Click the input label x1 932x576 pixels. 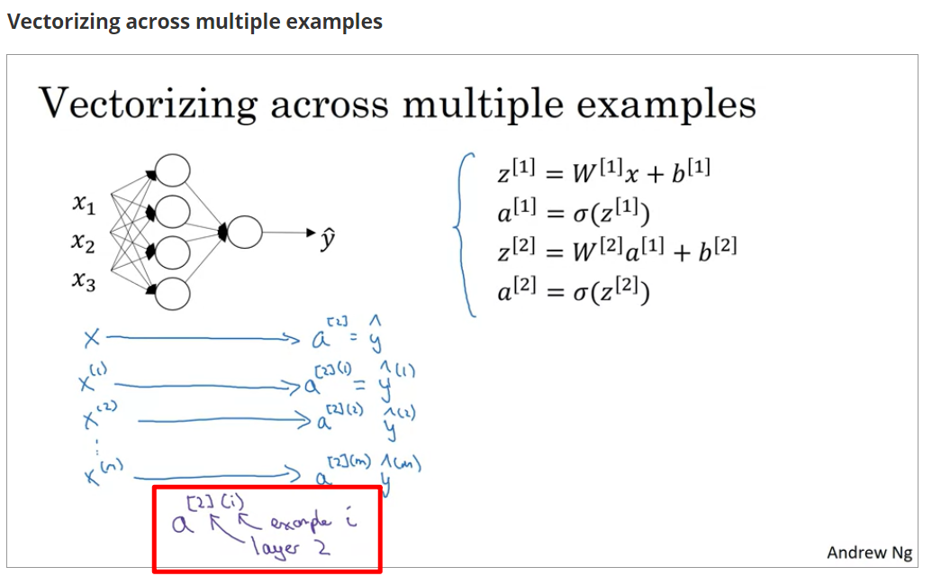click(x=84, y=206)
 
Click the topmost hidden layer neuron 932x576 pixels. click(x=173, y=170)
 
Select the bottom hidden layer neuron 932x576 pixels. click(x=173, y=293)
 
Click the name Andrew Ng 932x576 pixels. click(x=868, y=552)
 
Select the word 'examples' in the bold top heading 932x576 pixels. click(x=334, y=22)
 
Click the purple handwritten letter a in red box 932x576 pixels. click(x=181, y=524)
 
